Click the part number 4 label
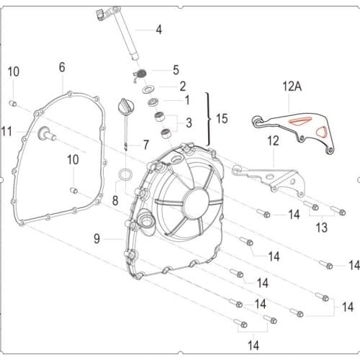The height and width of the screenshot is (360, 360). point(159,30)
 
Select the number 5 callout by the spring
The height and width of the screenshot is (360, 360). point(176,70)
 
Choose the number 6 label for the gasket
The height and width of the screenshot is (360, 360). point(62,67)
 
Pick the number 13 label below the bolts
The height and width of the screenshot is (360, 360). point(321,228)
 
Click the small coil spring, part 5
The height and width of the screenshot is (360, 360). point(141,73)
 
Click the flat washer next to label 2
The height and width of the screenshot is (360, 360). point(152,89)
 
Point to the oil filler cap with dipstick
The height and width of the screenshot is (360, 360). point(123,115)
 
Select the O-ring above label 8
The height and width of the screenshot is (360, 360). point(125,174)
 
